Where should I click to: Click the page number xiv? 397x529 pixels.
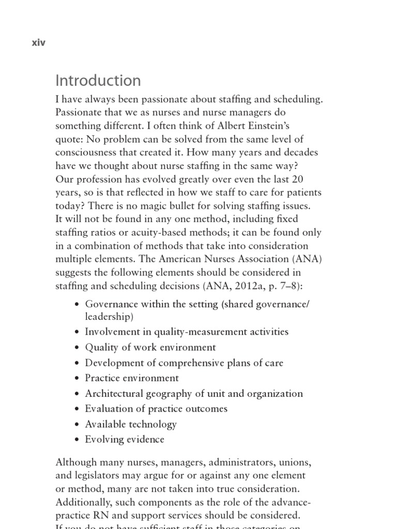[38, 43]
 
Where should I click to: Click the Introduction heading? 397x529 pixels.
[98, 81]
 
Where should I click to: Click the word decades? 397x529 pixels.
[298, 152]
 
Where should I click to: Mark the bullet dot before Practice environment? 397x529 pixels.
[77, 378]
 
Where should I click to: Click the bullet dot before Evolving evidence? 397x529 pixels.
[77, 440]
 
